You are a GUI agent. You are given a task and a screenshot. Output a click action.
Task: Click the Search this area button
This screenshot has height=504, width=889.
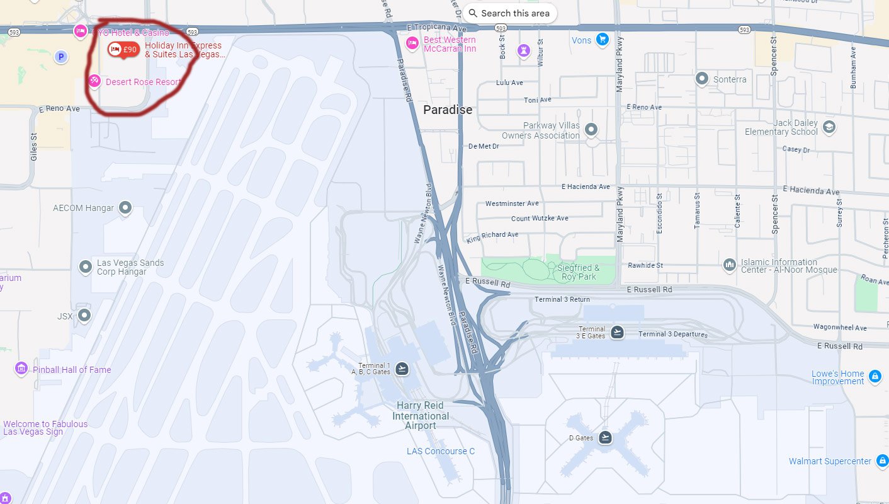pyautogui.click(x=509, y=13)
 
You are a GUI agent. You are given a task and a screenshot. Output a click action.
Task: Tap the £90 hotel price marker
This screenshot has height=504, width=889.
pyautogui.click(x=123, y=50)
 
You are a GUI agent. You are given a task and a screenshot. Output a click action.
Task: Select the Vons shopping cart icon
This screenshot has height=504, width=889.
pyautogui.click(x=603, y=40)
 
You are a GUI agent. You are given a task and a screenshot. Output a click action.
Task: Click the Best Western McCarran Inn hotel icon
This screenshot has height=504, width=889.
pyautogui.click(x=412, y=43)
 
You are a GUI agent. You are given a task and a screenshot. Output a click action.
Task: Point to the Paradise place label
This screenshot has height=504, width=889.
pyautogui.click(x=447, y=110)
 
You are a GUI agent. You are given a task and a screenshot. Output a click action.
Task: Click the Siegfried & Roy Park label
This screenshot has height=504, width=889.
pyautogui.click(x=578, y=272)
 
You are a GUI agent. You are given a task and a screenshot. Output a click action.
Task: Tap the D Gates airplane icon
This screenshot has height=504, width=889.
pyautogui.click(x=605, y=437)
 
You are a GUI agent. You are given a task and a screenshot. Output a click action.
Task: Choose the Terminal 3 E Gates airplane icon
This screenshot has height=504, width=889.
pyautogui.click(x=617, y=332)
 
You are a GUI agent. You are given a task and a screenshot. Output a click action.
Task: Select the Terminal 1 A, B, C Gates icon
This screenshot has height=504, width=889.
pyautogui.click(x=402, y=369)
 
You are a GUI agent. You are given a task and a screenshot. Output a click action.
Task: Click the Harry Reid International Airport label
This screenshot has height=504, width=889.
pyautogui.click(x=421, y=415)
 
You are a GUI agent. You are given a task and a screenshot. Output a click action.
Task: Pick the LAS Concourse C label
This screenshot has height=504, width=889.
pyautogui.click(x=441, y=451)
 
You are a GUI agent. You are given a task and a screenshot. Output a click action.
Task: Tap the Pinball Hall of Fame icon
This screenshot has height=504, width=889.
pyautogui.click(x=21, y=369)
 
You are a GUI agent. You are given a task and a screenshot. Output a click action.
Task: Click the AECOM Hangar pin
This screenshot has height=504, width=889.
pyautogui.click(x=125, y=207)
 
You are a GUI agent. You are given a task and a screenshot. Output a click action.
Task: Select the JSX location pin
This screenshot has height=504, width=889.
pyautogui.click(x=84, y=315)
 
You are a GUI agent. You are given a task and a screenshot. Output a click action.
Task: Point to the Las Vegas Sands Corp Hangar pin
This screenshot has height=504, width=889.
pyautogui.click(x=86, y=267)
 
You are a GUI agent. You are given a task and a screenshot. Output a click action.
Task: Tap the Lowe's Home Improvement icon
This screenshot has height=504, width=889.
pyautogui.click(x=874, y=377)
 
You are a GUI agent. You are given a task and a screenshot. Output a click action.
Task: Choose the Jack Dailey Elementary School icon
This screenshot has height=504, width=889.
pyautogui.click(x=829, y=127)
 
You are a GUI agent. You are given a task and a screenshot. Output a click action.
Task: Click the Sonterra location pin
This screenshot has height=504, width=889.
pyautogui.click(x=702, y=79)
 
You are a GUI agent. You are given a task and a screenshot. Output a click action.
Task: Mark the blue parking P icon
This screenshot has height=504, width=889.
pyautogui.click(x=60, y=57)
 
